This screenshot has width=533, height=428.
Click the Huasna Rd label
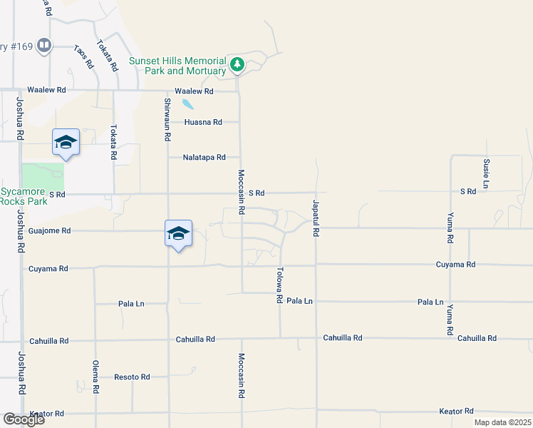(x=202, y=123)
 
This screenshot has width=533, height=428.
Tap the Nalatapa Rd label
(x=204, y=158)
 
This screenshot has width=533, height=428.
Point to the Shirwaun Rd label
(x=167, y=118)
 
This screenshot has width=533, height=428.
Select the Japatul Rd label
(x=315, y=218)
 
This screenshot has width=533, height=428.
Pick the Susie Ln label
(x=486, y=171)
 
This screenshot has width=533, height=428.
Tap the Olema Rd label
(x=95, y=378)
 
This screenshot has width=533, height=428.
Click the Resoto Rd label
(x=132, y=377)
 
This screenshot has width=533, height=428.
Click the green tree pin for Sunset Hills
(x=237, y=65)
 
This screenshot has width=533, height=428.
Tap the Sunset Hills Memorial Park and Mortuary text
(x=177, y=66)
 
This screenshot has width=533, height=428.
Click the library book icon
(x=44, y=46)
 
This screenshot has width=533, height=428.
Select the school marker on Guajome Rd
(x=178, y=233)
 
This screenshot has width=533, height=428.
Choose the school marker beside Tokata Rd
(x=66, y=142)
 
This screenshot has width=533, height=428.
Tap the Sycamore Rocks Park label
(x=24, y=197)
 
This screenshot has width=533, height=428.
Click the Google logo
(x=24, y=419)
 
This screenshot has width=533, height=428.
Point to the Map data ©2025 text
(x=502, y=422)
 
